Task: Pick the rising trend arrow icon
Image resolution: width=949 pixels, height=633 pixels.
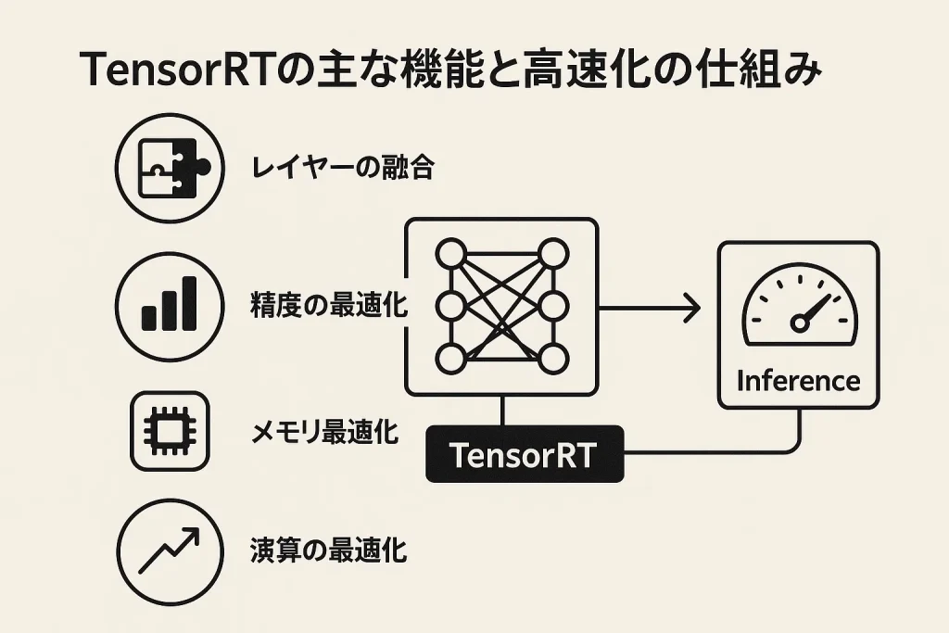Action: tap(171, 551)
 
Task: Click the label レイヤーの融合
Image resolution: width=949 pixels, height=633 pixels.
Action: tap(342, 168)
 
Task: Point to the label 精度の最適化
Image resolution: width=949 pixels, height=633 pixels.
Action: tap(329, 305)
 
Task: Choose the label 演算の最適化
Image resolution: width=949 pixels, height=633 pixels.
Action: tap(329, 551)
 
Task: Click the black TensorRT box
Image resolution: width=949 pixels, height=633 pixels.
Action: tap(525, 455)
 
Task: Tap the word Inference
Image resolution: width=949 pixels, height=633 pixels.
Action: tap(797, 380)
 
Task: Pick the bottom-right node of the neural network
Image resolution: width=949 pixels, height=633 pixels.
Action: tap(552, 357)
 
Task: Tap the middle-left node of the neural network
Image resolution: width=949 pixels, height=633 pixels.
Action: tap(450, 304)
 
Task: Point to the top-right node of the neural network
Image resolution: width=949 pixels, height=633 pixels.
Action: tap(552, 251)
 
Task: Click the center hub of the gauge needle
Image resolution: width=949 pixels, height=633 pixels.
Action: tap(800, 322)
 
